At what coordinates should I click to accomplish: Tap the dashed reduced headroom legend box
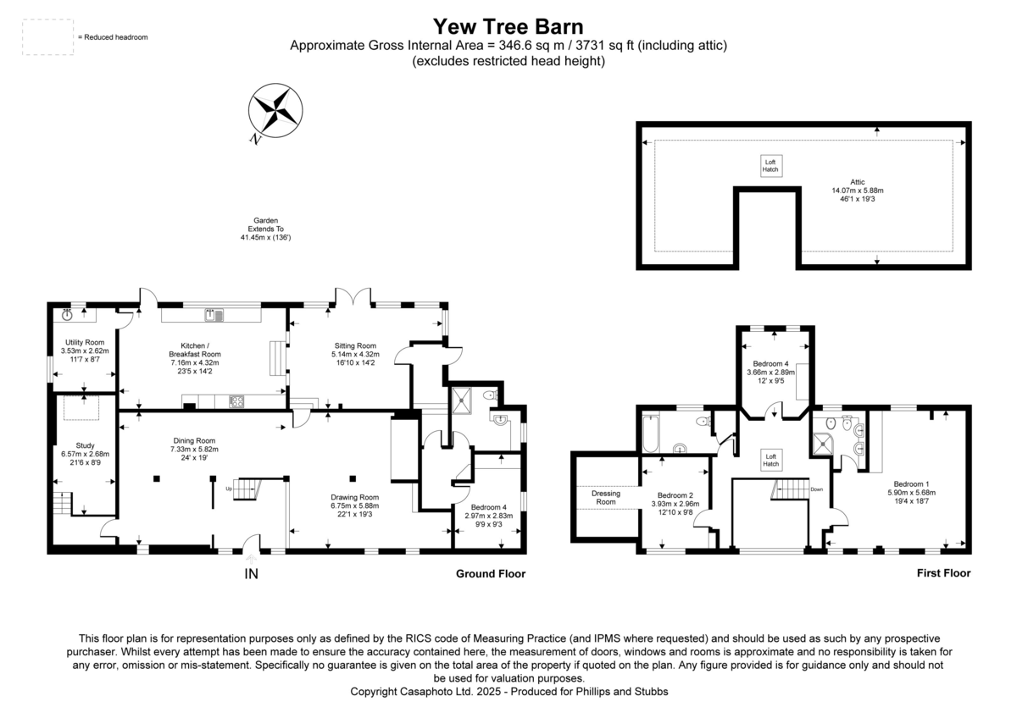point(47,37)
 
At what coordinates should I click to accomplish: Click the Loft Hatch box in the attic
point(770,166)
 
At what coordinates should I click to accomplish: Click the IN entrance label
point(251,575)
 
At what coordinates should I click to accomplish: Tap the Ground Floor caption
point(491,574)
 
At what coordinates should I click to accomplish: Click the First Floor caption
point(943,573)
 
